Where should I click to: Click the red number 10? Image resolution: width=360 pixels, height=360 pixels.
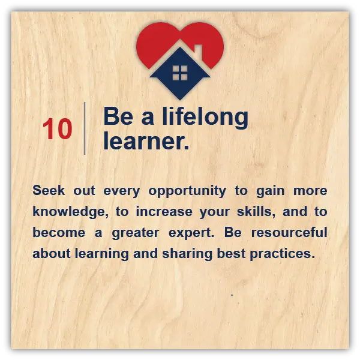58,129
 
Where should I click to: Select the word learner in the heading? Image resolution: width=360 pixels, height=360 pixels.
144,141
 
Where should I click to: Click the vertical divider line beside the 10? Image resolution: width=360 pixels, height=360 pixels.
85,128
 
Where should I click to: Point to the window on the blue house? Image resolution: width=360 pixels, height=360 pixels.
180,73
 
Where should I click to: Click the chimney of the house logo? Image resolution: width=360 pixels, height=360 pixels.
199,52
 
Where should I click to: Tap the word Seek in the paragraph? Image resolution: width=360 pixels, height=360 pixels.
49,190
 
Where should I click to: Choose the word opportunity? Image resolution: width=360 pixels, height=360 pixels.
187,191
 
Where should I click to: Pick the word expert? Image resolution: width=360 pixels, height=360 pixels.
191,233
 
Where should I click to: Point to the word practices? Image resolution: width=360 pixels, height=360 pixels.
283,254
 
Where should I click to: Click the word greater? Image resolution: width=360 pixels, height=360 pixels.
136,233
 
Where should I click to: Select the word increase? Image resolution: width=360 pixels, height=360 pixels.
164,211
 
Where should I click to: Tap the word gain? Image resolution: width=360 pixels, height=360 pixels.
270,191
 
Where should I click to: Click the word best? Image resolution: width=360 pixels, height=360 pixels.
231,253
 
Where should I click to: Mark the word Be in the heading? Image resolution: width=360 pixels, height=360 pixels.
118,116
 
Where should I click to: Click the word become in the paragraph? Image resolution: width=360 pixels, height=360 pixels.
59,232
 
